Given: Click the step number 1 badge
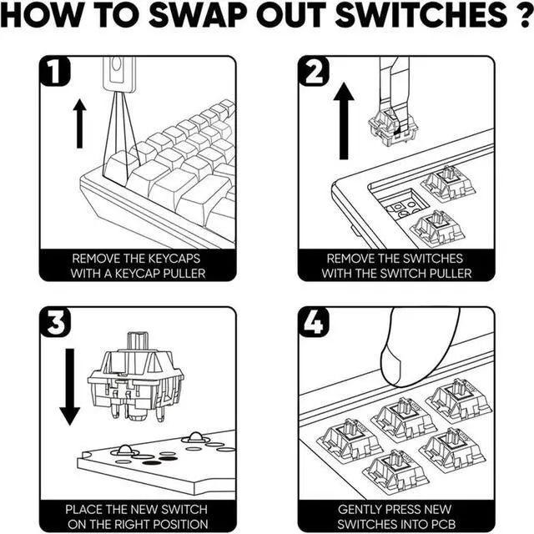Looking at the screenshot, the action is tap(55, 71).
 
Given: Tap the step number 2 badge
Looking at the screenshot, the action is tap(314, 71).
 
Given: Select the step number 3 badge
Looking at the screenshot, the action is tap(55, 322).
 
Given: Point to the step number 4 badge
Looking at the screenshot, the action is tap(314, 322).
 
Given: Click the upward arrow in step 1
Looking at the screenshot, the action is tap(80, 123).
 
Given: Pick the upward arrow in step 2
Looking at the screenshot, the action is tap(344, 121).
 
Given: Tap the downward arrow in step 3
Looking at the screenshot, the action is tap(70, 387).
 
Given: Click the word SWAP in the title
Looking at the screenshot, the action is tap(198, 15).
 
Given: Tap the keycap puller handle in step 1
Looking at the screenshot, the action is tap(119, 74).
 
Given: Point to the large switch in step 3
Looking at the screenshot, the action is tap(135, 377).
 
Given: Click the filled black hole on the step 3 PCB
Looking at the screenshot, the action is tap(152, 462).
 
